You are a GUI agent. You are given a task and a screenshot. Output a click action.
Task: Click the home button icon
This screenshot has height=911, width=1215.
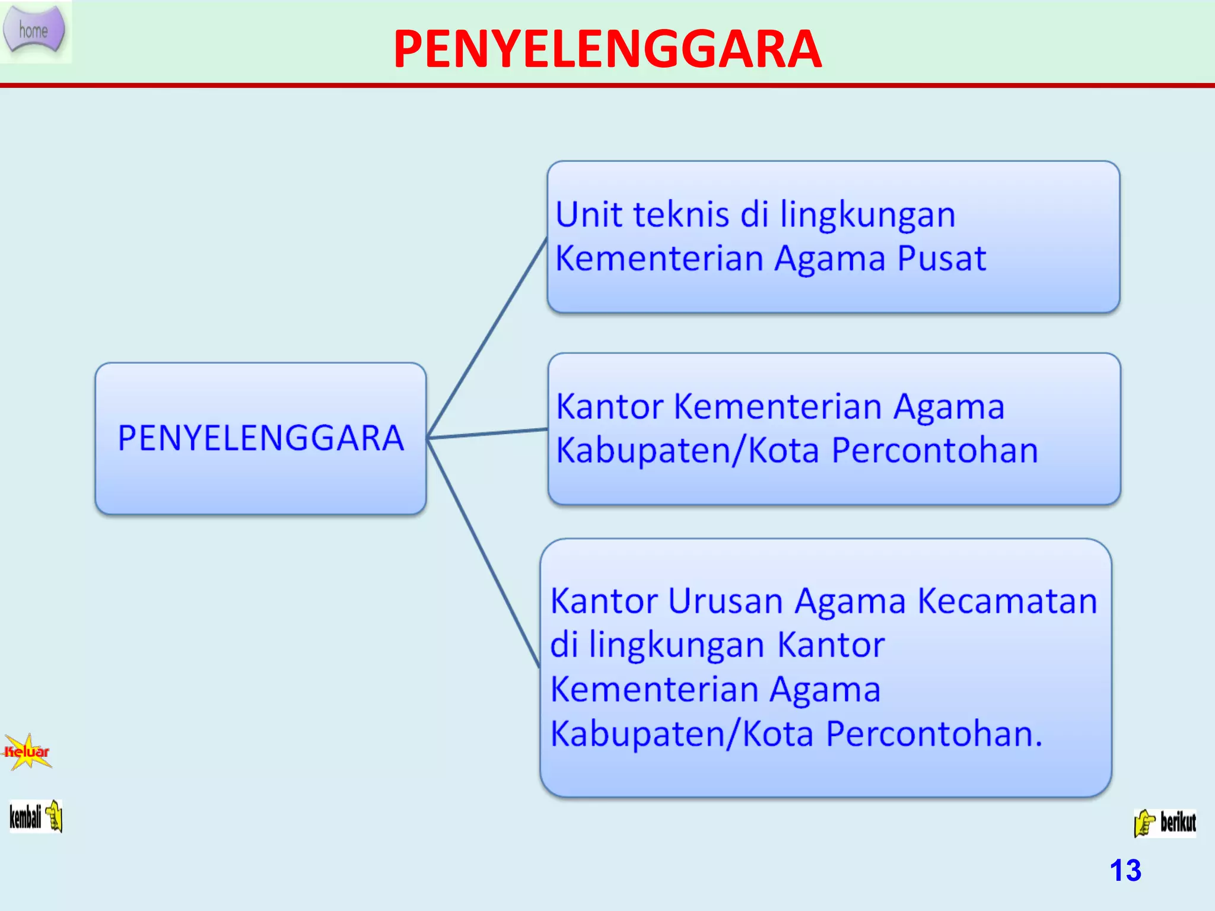pyautogui.click(x=34, y=30)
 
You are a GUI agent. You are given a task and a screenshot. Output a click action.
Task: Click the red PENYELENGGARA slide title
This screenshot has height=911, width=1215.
pyautogui.click(x=607, y=50)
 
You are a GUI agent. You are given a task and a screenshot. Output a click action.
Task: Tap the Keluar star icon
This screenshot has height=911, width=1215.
pyautogui.click(x=27, y=752)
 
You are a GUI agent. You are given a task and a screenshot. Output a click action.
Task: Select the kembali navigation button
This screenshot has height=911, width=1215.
pyautogui.click(x=36, y=817)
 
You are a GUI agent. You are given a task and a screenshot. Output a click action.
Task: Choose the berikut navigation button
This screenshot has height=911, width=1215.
pyautogui.click(x=1165, y=823)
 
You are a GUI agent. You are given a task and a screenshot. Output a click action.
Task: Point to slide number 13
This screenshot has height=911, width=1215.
pyautogui.click(x=1125, y=871)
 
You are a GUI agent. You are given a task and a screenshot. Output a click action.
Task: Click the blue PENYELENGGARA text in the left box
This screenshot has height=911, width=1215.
pyautogui.click(x=260, y=438)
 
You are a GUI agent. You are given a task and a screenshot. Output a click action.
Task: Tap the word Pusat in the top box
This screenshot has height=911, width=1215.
pyautogui.click(x=942, y=259)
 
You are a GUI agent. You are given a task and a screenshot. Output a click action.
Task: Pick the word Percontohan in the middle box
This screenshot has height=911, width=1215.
pyautogui.click(x=934, y=451)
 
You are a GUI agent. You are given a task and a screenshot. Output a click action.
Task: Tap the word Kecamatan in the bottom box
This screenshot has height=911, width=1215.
pyautogui.click(x=1007, y=601)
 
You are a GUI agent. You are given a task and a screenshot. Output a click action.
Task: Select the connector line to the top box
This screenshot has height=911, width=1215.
pyautogui.click(x=486, y=338)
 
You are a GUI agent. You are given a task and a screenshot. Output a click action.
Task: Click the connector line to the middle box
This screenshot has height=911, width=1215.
pyautogui.click(x=486, y=434)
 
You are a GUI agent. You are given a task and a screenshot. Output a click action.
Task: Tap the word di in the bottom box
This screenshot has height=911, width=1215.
pyautogui.click(x=564, y=645)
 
